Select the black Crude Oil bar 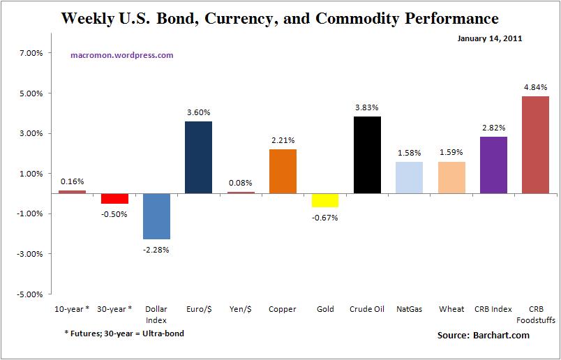367,154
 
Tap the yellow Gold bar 325,200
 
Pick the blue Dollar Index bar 156,216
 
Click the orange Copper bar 283,171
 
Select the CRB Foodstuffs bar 535,144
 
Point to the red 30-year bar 114,198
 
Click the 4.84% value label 535,87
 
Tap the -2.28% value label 156,249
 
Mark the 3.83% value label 367,107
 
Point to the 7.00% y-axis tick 31,53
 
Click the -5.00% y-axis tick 30,294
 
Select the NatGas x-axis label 409,309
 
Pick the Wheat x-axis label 451,309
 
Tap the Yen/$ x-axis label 241,309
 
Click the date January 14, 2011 490,38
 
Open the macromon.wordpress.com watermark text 122,55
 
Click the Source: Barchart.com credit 483,336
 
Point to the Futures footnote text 124,333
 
